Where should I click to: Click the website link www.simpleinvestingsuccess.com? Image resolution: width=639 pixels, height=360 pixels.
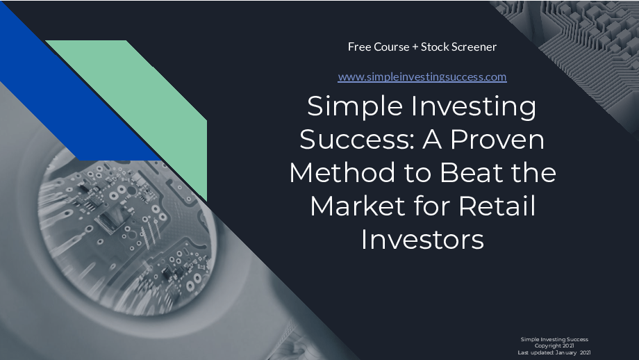pyautogui.click(x=422, y=76)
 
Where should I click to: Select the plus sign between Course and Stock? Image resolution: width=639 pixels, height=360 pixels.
pyautogui.click(x=415, y=47)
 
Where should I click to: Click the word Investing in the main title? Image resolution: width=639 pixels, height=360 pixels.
pyautogui.click(x=474, y=107)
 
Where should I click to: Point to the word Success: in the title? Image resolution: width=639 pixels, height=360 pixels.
pyautogui.click(x=358, y=139)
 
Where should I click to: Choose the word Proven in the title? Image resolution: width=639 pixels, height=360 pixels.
pyautogui.click(x=497, y=139)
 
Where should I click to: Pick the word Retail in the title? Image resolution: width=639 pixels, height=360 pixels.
pyautogui.click(x=497, y=206)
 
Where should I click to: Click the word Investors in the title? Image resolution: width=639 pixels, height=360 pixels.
pyautogui.click(x=422, y=239)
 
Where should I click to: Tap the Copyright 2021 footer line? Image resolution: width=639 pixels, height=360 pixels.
pyautogui.click(x=554, y=345)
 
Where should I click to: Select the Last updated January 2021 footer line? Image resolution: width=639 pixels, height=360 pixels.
pyautogui.click(x=554, y=352)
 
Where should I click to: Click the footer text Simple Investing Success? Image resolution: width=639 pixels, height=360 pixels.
pyautogui.click(x=554, y=339)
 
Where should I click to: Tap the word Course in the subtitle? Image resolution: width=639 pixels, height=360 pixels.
pyautogui.click(x=392, y=47)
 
